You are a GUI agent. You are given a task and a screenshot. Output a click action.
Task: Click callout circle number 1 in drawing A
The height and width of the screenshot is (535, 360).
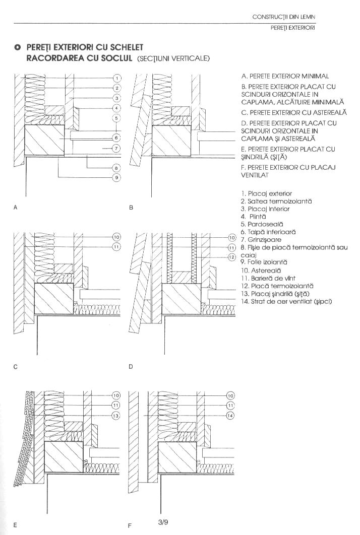pos(116,78)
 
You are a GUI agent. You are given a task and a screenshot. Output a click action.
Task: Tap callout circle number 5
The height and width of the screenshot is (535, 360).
pos(116,118)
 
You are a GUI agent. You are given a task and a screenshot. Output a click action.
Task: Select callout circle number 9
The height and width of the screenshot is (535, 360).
pos(116,177)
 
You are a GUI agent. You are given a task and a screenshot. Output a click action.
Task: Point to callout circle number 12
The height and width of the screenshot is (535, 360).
pos(231,257)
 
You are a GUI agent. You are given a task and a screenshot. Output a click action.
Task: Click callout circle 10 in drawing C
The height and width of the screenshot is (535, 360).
pos(116,237)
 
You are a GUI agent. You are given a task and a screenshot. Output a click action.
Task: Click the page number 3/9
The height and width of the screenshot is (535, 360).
pos(162,522)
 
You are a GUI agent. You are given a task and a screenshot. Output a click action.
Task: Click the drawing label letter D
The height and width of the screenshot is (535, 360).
pos(131,367)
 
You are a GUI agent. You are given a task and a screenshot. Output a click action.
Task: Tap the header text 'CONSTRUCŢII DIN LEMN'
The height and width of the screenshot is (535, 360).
pos(284,17)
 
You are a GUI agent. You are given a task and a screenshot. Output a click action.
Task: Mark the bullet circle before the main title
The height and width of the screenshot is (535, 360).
pos(17,47)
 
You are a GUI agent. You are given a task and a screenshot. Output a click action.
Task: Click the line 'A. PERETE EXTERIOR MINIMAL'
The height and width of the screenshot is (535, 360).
pos(285,77)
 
